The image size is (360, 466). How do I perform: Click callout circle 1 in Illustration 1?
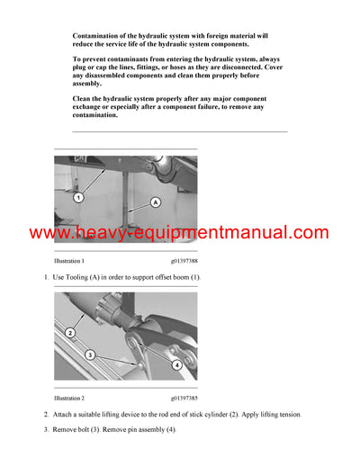[x=78, y=196]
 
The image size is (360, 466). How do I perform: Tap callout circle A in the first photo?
[x=155, y=203]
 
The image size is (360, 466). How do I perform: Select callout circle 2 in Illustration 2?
[x=69, y=333]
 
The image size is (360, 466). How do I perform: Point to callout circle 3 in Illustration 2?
[x=90, y=355]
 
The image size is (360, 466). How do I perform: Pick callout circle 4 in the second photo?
[x=176, y=364]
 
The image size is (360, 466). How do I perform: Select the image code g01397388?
[x=184, y=261]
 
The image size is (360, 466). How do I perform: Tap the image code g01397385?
[x=184, y=397]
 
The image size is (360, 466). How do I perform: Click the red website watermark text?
[x=179, y=233]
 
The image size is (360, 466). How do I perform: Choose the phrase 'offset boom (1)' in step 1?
[x=175, y=277]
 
